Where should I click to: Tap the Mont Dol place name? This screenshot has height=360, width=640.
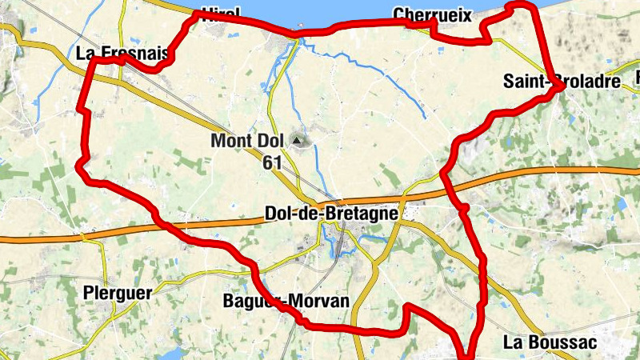click(x=247, y=142)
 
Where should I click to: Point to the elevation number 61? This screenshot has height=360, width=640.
click(x=271, y=162)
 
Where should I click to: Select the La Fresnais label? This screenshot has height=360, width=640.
click(x=122, y=54)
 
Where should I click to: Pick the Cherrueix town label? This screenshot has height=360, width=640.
click(x=433, y=15)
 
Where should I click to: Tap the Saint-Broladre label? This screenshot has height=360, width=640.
click(x=562, y=82)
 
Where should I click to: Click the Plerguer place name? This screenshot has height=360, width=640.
click(x=117, y=294)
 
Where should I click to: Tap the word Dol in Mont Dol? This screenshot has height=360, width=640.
click(x=269, y=142)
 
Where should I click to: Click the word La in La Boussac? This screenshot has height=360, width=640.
click(x=511, y=342)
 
